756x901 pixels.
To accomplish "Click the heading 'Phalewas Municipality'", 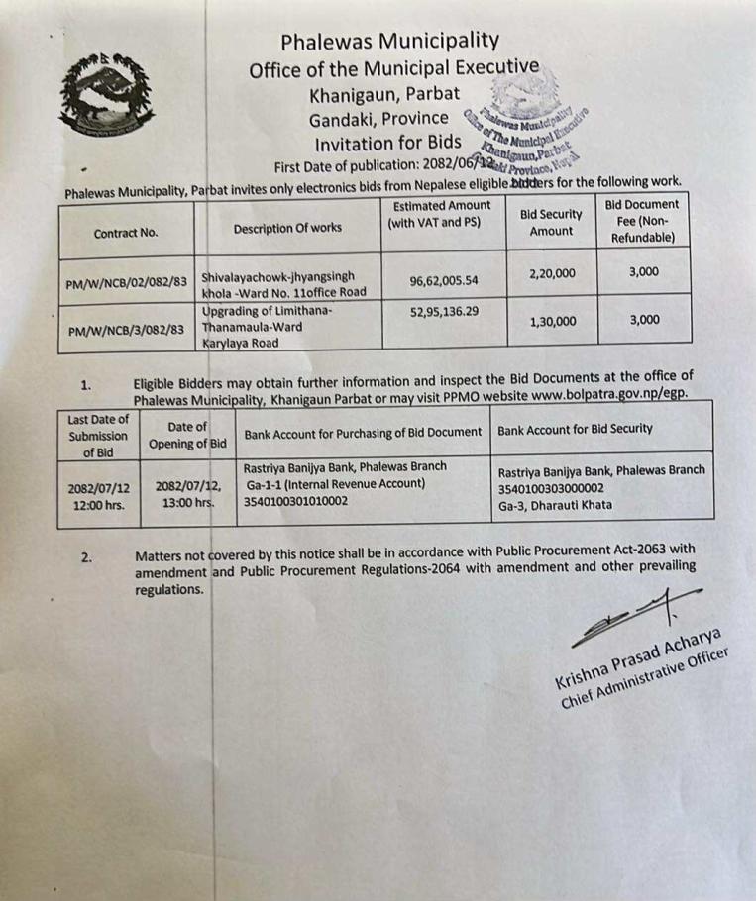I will click(x=389, y=41).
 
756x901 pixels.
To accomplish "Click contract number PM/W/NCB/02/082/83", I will click(x=125, y=282).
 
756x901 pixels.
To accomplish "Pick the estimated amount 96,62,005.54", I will click(x=444, y=281).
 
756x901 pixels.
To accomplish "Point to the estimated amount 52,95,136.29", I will click(x=444, y=311).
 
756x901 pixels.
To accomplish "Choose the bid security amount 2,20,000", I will click(x=551, y=268).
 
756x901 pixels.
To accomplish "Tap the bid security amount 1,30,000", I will click(x=551, y=322).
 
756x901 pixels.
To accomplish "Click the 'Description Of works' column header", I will click(x=287, y=229).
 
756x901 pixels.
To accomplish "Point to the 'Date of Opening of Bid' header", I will click(x=187, y=435).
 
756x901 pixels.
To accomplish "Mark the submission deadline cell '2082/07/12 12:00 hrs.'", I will click(x=98, y=495).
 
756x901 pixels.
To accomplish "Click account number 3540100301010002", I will click(x=296, y=502).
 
